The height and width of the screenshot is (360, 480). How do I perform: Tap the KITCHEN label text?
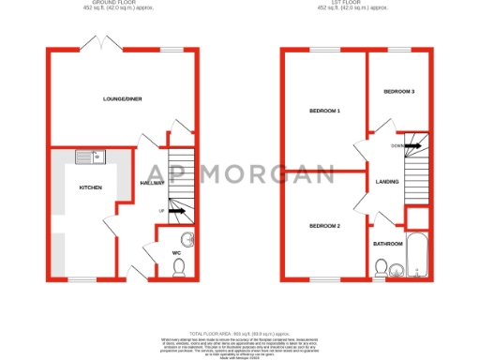90,187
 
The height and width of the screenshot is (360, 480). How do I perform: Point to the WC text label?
176,252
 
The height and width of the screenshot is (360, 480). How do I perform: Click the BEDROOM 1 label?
324,112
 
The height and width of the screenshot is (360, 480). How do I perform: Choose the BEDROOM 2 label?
324,226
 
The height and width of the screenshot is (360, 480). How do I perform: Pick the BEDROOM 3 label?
398,91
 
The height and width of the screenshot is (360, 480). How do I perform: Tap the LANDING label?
386,182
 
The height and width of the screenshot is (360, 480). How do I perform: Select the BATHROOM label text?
387,244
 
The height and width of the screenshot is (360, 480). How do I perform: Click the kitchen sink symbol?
94,157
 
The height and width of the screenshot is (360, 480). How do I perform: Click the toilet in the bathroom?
380,269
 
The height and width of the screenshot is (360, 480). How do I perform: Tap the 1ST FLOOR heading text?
352,4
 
